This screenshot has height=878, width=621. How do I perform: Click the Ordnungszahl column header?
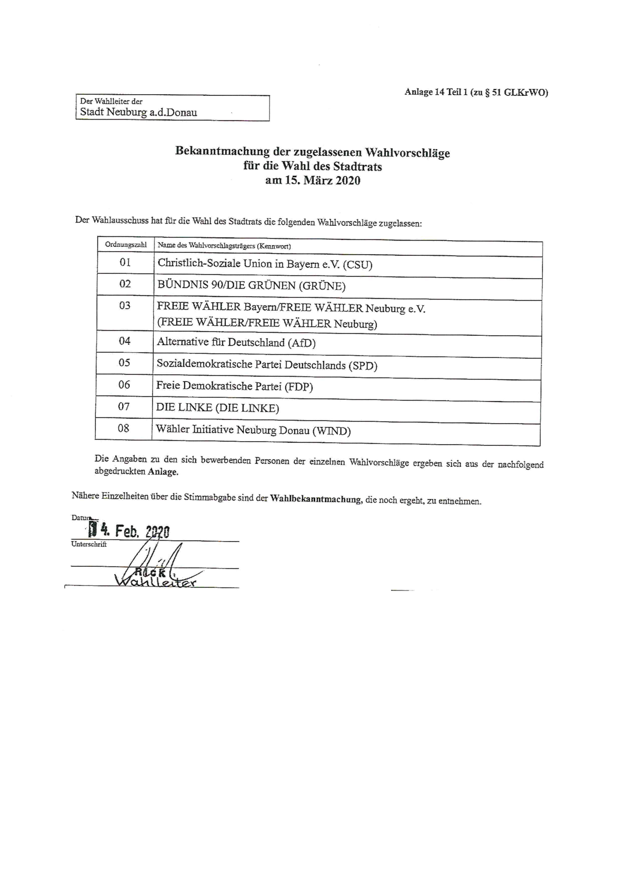[x=125, y=245]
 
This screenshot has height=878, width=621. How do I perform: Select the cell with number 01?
[x=125, y=262]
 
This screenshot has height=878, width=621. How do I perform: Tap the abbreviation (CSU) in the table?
[x=357, y=265]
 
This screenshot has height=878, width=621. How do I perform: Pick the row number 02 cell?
[x=125, y=284]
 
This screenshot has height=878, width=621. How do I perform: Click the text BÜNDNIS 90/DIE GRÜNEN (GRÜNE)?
[x=251, y=286]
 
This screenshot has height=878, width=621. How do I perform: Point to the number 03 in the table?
[x=125, y=306]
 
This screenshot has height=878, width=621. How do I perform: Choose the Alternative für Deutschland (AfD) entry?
[x=236, y=342]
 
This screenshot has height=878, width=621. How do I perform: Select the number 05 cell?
[x=124, y=363]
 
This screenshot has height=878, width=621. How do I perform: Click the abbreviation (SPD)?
[x=363, y=365]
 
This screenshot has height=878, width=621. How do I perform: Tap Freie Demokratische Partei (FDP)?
[x=234, y=386]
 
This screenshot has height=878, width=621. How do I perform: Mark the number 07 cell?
[x=124, y=406]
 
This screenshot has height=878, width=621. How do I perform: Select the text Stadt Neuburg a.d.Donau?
[x=138, y=112]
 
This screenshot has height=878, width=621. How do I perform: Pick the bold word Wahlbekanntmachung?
[x=315, y=499]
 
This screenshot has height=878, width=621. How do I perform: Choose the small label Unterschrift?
[x=88, y=544]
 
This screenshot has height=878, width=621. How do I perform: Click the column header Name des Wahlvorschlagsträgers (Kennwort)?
[x=224, y=246]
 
